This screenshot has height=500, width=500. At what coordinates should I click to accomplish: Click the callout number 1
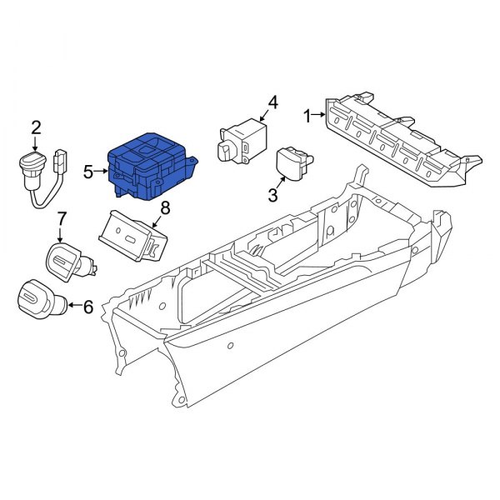click(307, 116)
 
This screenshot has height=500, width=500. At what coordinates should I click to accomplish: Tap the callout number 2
click(36, 128)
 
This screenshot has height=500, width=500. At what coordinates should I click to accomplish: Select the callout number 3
click(273, 195)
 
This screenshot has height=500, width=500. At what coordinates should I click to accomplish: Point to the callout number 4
click(273, 103)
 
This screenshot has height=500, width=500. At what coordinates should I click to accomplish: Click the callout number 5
click(88, 172)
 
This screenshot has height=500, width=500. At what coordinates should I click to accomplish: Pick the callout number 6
click(88, 307)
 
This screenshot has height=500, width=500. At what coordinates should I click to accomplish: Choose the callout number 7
click(61, 218)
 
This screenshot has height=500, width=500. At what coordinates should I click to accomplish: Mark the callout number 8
click(165, 208)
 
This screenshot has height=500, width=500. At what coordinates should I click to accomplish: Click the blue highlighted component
click(151, 166)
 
